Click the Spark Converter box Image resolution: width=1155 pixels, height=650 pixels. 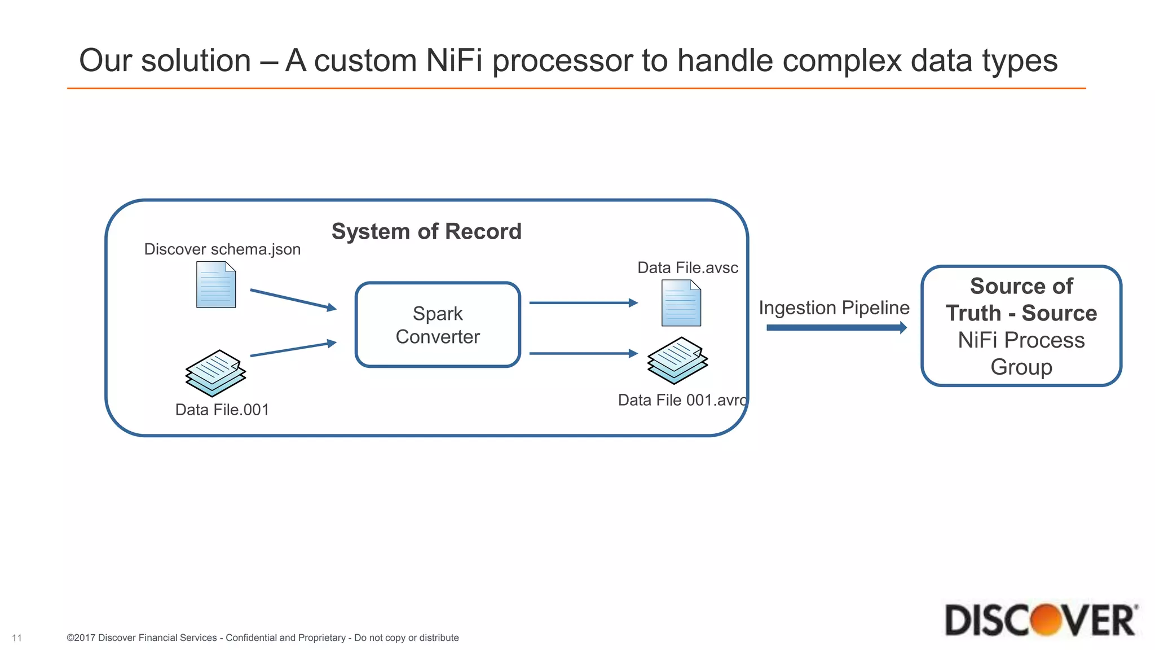pyautogui.click(x=438, y=325)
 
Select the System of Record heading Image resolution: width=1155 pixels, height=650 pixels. pyautogui.click(x=426, y=231)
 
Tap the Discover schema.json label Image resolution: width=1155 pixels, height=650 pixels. pyautogui.click(x=222, y=249)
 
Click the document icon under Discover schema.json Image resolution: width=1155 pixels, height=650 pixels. pyautogui.click(x=216, y=285)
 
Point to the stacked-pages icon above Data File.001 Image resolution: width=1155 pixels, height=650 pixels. pyautogui.click(x=215, y=373)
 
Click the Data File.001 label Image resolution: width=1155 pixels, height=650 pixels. pyautogui.click(x=222, y=410)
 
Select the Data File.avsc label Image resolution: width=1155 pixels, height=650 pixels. pyautogui.click(x=687, y=267)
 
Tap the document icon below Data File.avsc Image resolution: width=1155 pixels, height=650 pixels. pyautogui.click(x=681, y=304)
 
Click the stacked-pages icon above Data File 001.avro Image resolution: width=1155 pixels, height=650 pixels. pyautogui.click(x=677, y=361)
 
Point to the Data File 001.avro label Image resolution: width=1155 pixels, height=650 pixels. pyautogui.click(x=682, y=400)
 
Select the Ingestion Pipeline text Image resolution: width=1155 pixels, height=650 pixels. pyautogui.click(x=834, y=308)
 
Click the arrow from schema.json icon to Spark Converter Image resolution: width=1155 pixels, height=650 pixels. pyautogui.click(x=293, y=299)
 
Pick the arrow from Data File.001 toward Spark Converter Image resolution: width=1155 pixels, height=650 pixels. pyautogui.click(x=293, y=349)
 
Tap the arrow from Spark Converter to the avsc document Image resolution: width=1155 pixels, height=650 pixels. pyautogui.click(x=583, y=303)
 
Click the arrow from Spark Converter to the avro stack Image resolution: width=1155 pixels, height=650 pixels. pyautogui.click(x=583, y=354)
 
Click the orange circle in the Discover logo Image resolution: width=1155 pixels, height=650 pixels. pyautogui.click(x=1045, y=620)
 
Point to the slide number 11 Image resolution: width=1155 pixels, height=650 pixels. pyautogui.click(x=17, y=638)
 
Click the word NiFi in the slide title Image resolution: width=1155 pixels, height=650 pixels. pyautogui.click(x=455, y=60)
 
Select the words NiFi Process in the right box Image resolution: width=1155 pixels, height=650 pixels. pyautogui.click(x=1021, y=340)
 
